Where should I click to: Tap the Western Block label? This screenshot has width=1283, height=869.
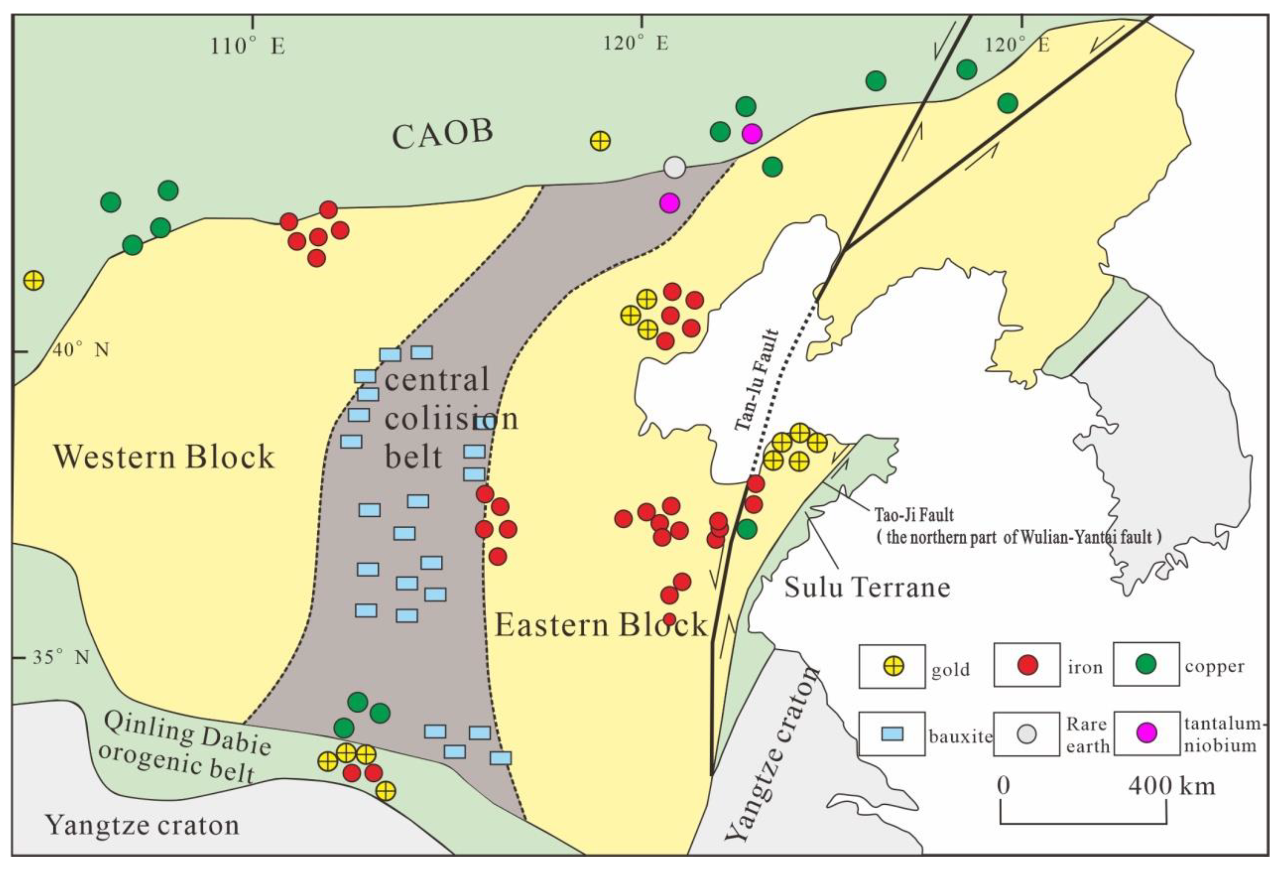[x=164, y=457]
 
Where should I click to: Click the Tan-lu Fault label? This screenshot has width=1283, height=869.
[x=757, y=380]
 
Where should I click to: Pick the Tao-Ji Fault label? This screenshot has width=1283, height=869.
[x=914, y=515]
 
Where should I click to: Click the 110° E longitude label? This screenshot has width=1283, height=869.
[x=247, y=47]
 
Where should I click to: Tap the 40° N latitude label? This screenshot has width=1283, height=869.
[x=81, y=349]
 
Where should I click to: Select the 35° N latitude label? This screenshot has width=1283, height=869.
[x=61, y=657]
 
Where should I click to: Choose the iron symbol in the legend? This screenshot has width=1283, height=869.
[x=1027, y=665]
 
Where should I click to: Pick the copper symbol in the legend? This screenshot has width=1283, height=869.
[x=1146, y=664]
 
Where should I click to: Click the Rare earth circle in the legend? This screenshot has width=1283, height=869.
[x=1026, y=734]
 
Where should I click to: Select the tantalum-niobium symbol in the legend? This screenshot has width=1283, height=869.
[x=1147, y=733]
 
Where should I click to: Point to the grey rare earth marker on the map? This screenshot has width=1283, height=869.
[x=674, y=167]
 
